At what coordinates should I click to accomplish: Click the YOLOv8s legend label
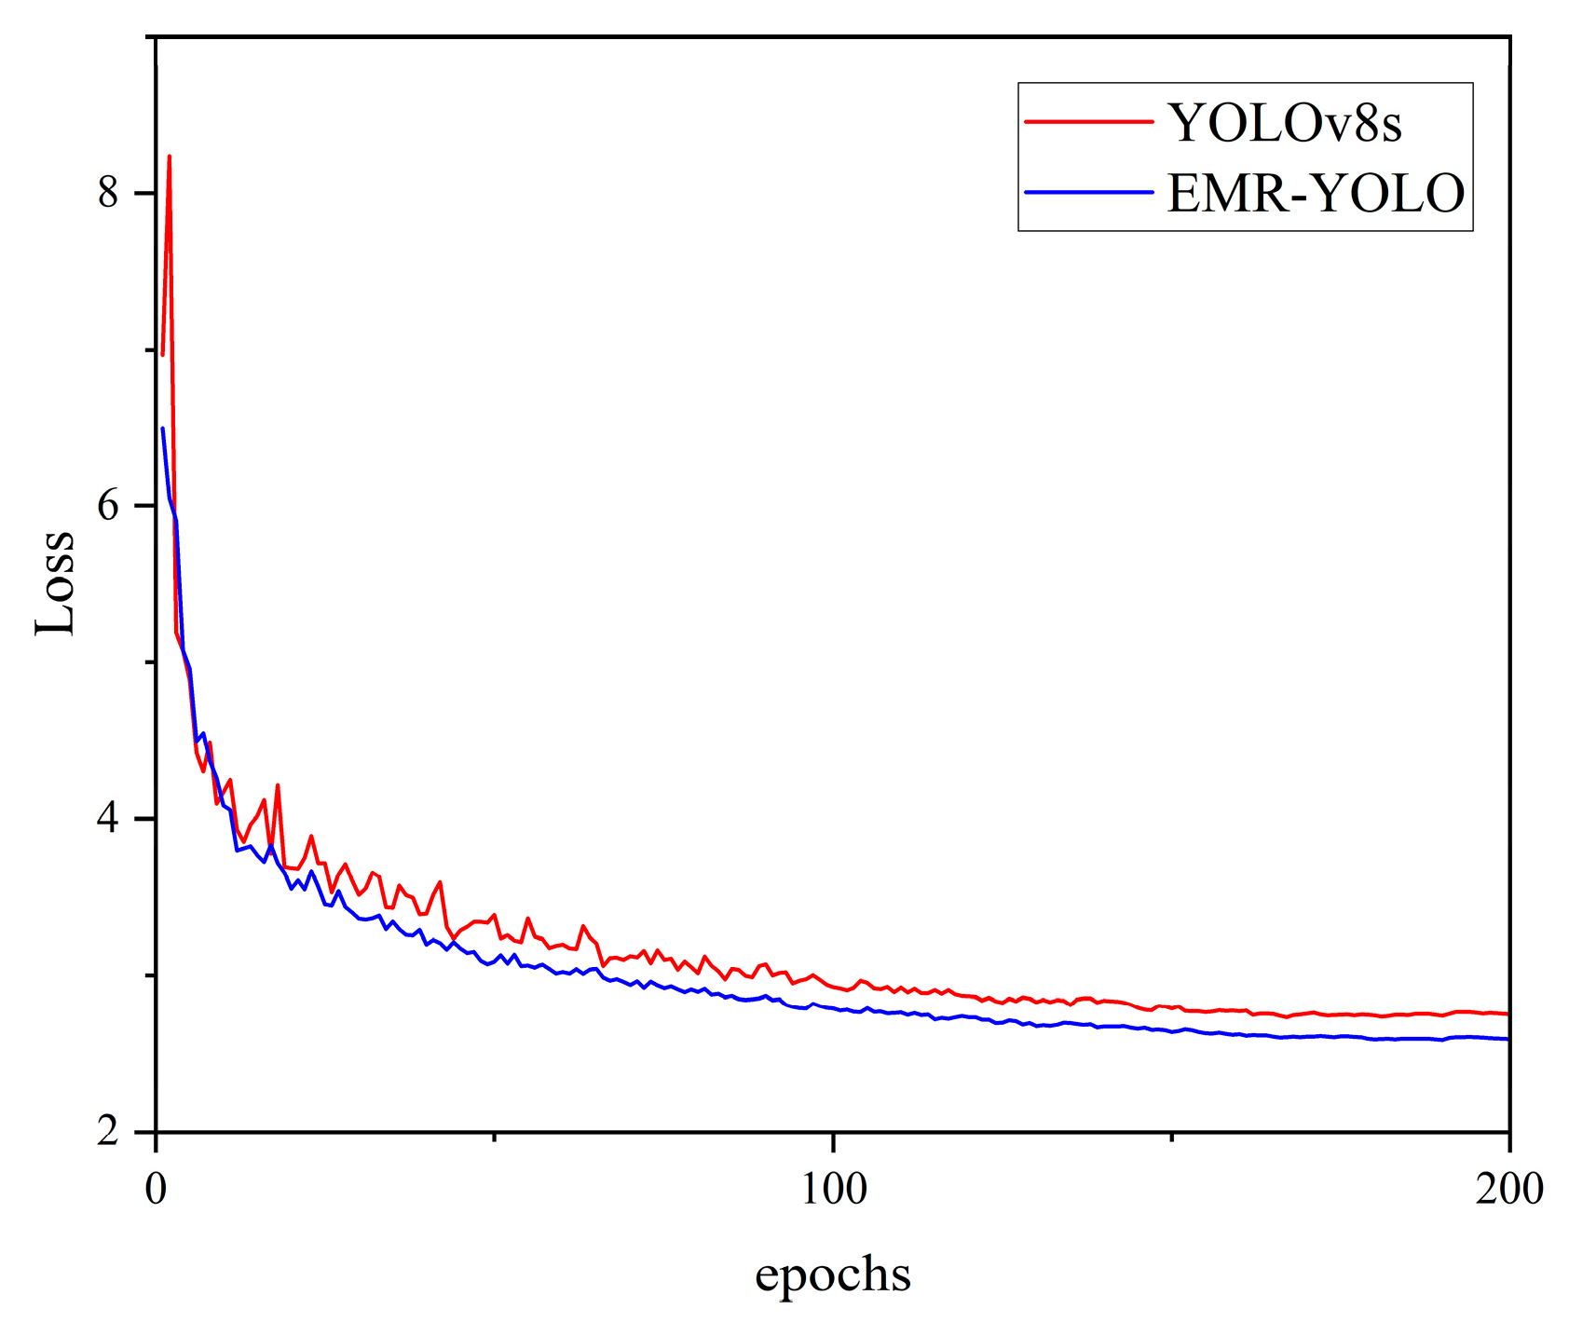pyautogui.click(x=1284, y=122)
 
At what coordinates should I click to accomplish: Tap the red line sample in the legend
pyautogui.click(x=1088, y=120)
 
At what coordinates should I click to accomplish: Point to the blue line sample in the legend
pyautogui.click(x=1088, y=192)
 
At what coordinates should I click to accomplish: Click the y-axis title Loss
pyautogui.click(x=55, y=582)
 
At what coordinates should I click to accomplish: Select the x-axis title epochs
pyautogui.click(x=832, y=1274)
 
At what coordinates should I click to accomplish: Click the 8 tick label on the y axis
pyautogui.click(x=109, y=193)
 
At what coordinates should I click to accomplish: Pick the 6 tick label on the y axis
pyautogui.click(x=109, y=506)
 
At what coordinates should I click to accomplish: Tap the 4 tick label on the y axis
pyautogui.click(x=109, y=819)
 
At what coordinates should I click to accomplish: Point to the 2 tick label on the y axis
pyautogui.click(x=109, y=1132)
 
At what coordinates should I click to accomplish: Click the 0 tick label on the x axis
pyautogui.click(x=156, y=1190)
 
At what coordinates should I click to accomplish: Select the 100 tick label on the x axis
pyautogui.click(x=833, y=1190)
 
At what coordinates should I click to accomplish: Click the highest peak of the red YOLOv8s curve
pyautogui.click(x=170, y=157)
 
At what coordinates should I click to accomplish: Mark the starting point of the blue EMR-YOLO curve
pyautogui.click(x=162, y=429)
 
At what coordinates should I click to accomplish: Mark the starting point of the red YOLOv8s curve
pyautogui.click(x=162, y=355)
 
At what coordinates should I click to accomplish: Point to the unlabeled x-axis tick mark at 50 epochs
pyautogui.click(x=495, y=1137)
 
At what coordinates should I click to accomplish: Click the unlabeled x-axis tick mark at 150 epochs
pyautogui.click(x=1171, y=1137)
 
